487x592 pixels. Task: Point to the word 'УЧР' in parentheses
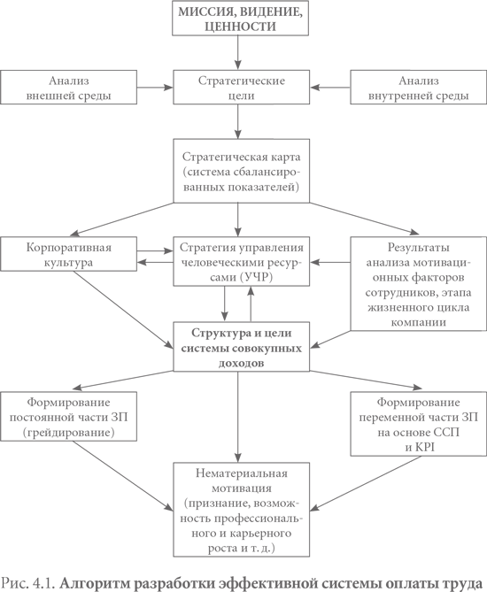[x=256, y=278]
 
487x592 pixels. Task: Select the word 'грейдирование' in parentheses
[x=68, y=433]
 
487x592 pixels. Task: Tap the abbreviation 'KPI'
[x=425, y=448]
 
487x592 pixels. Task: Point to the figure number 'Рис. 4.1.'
[x=28, y=582]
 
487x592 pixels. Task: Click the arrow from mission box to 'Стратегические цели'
[x=237, y=53]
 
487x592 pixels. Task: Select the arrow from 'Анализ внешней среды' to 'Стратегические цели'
[x=155, y=88]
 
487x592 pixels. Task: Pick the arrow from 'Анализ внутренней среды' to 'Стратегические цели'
[x=330, y=88]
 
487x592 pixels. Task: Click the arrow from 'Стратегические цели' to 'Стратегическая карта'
[x=237, y=121]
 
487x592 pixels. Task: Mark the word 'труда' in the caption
[x=467, y=582]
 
